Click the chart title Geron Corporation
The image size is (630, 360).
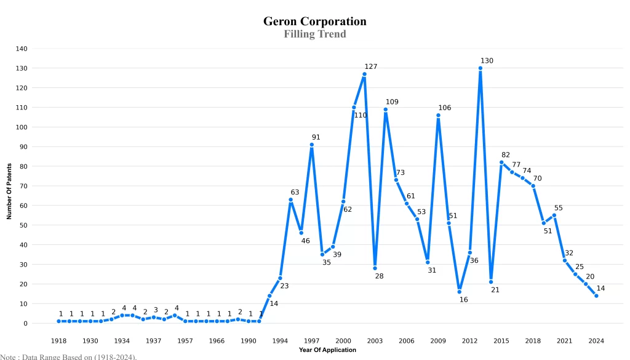click(314, 22)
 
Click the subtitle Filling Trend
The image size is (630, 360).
click(314, 34)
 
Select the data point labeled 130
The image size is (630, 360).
click(480, 68)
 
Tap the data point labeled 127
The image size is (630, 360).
click(364, 74)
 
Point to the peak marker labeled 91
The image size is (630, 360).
click(312, 145)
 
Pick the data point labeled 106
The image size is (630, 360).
click(438, 115)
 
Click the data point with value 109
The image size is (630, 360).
click(385, 110)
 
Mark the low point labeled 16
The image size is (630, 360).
click(459, 292)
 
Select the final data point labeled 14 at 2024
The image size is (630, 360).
click(596, 296)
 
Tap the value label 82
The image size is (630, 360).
click(506, 154)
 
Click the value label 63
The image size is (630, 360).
click(295, 192)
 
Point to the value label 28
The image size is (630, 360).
click(379, 276)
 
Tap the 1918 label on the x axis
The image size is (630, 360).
click(59, 341)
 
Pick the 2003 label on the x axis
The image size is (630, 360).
click(375, 341)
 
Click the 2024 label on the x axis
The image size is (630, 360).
click(596, 341)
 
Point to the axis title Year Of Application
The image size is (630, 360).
click(327, 350)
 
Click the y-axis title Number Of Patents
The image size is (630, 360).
click(9, 191)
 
